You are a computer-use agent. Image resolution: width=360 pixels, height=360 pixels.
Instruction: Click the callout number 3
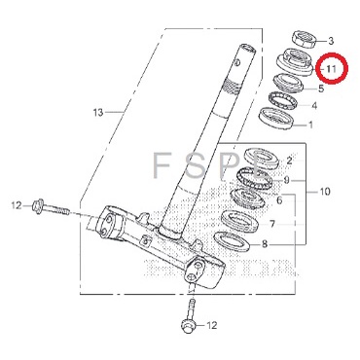tap(331, 41)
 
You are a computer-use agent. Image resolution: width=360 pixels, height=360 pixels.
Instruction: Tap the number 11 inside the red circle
tap(332, 68)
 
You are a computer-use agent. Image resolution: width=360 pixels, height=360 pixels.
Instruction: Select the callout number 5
tap(321, 89)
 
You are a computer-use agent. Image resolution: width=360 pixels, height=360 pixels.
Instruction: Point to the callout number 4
tap(314, 106)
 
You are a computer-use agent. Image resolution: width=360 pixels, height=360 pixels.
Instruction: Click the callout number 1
tap(310, 125)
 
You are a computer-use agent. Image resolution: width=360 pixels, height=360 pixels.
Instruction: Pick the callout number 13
tap(98, 113)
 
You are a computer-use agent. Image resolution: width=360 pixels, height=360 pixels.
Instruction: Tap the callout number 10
tap(325, 192)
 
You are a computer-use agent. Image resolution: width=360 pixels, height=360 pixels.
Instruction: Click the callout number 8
tap(265, 244)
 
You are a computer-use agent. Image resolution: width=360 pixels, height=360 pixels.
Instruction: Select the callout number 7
tap(272, 224)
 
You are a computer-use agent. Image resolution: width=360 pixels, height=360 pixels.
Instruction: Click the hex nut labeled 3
tap(304, 39)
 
